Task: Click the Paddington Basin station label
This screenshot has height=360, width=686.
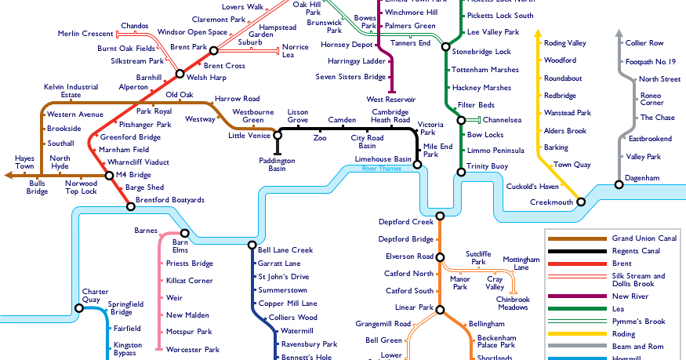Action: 277,164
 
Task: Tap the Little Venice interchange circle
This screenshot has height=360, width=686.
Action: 277,136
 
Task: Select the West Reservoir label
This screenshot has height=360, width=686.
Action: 390,100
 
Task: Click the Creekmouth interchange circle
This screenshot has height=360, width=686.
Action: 581,202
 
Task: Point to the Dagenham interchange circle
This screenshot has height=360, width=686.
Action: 619,184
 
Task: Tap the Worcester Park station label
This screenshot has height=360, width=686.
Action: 192,348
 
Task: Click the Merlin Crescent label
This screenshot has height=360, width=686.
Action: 85,33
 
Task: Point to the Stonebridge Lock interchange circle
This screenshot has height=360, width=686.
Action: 447,52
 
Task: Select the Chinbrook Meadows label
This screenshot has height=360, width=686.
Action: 513,304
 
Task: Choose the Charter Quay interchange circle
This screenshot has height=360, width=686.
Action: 79,308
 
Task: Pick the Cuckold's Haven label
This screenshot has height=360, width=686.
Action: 532,186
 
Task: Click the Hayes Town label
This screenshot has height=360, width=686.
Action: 25,162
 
